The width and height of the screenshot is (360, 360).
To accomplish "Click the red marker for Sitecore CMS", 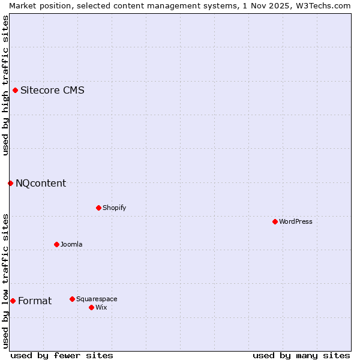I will [16, 91].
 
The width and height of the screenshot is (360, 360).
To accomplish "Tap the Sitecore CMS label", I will [52, 91].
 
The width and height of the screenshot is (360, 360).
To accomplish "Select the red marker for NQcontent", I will [11, 183].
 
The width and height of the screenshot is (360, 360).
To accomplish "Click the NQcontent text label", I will [41, 183].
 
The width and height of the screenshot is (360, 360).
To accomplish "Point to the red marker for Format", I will [13, 301].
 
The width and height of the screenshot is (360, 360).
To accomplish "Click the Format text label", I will [35, 301].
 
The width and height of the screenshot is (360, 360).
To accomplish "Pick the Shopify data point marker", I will [98, 208].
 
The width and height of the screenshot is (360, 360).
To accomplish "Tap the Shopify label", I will [114, 208].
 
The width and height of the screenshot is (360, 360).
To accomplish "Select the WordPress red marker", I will [275, 221].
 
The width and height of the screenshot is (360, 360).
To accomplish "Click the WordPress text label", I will [296, 221].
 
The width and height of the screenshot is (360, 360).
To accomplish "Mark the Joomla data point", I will [56, 244].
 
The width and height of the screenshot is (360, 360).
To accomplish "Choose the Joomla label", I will [71, 244].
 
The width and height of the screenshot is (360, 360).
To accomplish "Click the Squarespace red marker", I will [72, 299].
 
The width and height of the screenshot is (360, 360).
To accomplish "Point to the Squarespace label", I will [97, 299].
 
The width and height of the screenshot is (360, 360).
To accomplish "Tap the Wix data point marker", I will [91, 307].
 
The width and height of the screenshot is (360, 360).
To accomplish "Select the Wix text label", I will [101, 307].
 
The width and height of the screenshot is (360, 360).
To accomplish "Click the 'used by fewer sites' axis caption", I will [62, 355].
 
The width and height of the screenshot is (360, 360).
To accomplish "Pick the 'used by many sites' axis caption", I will [301, 355].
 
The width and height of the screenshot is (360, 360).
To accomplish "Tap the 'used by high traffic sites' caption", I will [5, 85].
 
